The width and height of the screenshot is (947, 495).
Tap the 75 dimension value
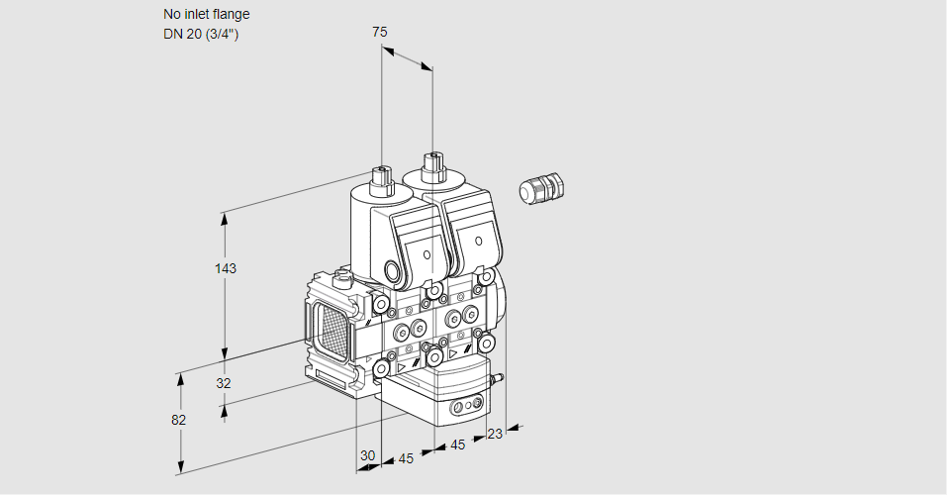[380, 32]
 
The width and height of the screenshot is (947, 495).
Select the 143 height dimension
[227, 268]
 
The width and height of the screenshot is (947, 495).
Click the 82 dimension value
[178, 420]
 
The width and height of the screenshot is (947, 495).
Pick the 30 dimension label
[368, 455]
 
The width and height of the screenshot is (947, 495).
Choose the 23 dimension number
[495, 433]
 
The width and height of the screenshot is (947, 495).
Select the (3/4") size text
[223, 35]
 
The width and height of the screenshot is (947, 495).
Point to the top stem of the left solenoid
[380, 181]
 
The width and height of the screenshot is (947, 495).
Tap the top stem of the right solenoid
[431, 166]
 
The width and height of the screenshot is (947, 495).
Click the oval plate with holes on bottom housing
[465, 407]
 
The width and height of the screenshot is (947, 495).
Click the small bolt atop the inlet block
[342, 278]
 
